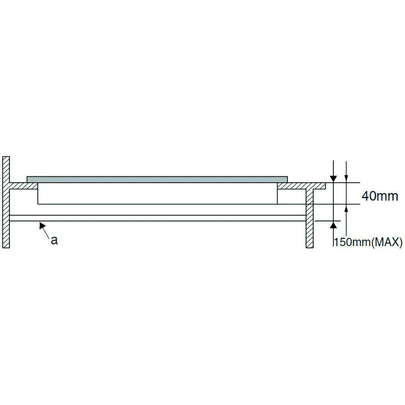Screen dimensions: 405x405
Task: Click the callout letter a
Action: [x=54, y=240]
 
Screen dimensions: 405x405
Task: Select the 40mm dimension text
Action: [x=380, y=196]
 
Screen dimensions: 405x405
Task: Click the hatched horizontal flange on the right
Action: [x=301, y=185]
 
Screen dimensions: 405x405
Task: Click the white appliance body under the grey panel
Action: [x=157, y=193]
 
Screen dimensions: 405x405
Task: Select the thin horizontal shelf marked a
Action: [x=157, y=218]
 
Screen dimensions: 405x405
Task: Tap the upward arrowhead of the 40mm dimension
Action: [x=346, y=208]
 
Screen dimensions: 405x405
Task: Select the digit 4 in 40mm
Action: [x=365, y=196]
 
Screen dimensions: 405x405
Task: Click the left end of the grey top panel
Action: [x=28, y=179]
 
